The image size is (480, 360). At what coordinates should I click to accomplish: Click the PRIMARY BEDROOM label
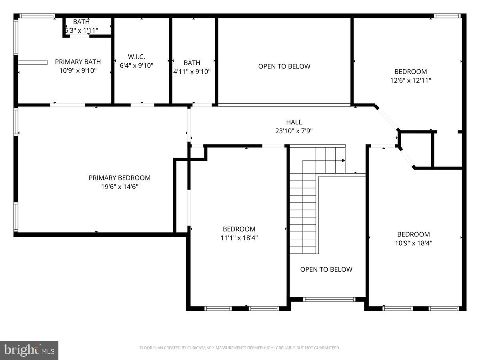point(120,178)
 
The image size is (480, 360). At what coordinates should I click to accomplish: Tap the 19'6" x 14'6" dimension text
point(120,187)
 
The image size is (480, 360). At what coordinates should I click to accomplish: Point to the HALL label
point(294,122)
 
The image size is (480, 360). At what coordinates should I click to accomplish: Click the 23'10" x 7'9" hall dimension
point(294,131)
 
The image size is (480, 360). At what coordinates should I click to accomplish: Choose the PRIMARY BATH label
point(78,62)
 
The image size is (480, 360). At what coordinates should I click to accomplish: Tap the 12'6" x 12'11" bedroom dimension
point(410,80)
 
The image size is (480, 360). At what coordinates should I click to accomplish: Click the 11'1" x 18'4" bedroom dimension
point(239,238)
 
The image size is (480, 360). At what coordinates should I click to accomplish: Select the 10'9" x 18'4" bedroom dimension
point(414,243)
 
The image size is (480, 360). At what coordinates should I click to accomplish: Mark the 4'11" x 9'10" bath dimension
point(192,72)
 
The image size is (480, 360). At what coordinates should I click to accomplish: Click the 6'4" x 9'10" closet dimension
point(136,65)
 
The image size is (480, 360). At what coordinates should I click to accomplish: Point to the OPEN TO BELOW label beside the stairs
point(326,269)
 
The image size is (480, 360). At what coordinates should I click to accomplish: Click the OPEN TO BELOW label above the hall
point(284,66)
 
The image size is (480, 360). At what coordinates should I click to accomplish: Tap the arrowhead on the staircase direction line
point(343,160)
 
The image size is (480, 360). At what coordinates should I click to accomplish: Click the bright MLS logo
point(30,350)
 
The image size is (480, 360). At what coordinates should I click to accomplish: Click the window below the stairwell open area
point(329,299)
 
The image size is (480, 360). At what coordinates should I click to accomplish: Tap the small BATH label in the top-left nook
point(81,22)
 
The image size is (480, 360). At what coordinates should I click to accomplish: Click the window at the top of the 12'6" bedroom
point(448,16)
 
